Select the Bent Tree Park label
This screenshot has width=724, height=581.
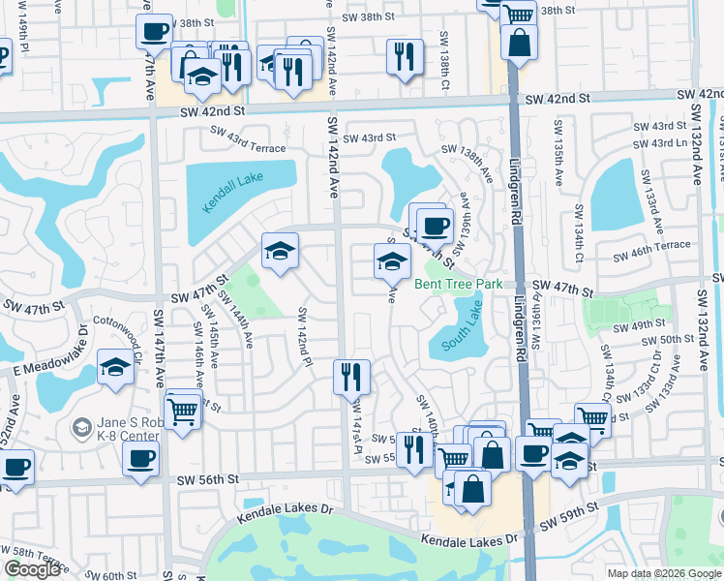coord(459,284)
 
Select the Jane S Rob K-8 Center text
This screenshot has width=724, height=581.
coord(116,430)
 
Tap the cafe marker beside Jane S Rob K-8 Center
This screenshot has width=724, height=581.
coord(139,459)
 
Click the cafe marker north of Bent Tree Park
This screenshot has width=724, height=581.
coord(435,226)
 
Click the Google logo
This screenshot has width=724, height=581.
coord(33,569)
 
